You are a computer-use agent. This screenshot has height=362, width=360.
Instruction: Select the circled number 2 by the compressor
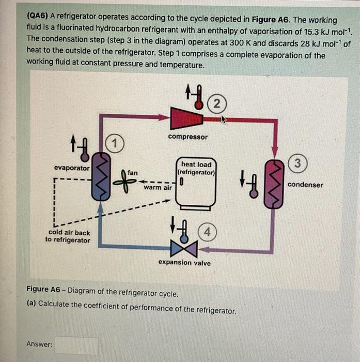pos(217,103)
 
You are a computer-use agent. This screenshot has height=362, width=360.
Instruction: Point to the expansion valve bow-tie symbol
pos(184,249)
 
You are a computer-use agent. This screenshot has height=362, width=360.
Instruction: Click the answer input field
pos(76,345)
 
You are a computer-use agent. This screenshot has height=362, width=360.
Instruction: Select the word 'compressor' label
pos(187,137)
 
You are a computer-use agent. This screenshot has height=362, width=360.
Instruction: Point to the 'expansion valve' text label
pos(184,263)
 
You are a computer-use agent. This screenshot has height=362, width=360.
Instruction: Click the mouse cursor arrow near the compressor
pos(224,120)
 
